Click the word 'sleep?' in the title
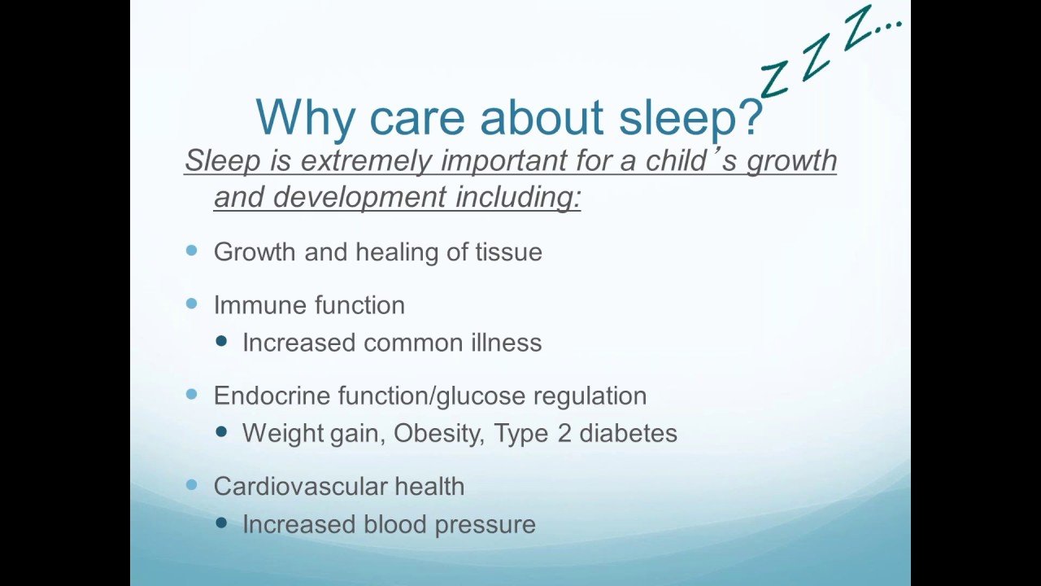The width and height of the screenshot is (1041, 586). coord(690,118)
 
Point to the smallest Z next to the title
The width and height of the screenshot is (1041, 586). coord(773,80)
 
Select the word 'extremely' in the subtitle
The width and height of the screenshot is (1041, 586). coord(365,160)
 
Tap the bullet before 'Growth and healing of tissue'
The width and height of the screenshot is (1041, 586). coord(192,251)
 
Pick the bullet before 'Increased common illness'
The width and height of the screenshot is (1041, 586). coord(221,342)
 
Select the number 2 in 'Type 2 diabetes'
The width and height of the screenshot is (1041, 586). coord(564,433)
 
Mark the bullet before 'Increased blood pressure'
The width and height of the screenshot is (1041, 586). coord(221,523)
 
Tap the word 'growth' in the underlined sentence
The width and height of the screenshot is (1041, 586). coord(791,161)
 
